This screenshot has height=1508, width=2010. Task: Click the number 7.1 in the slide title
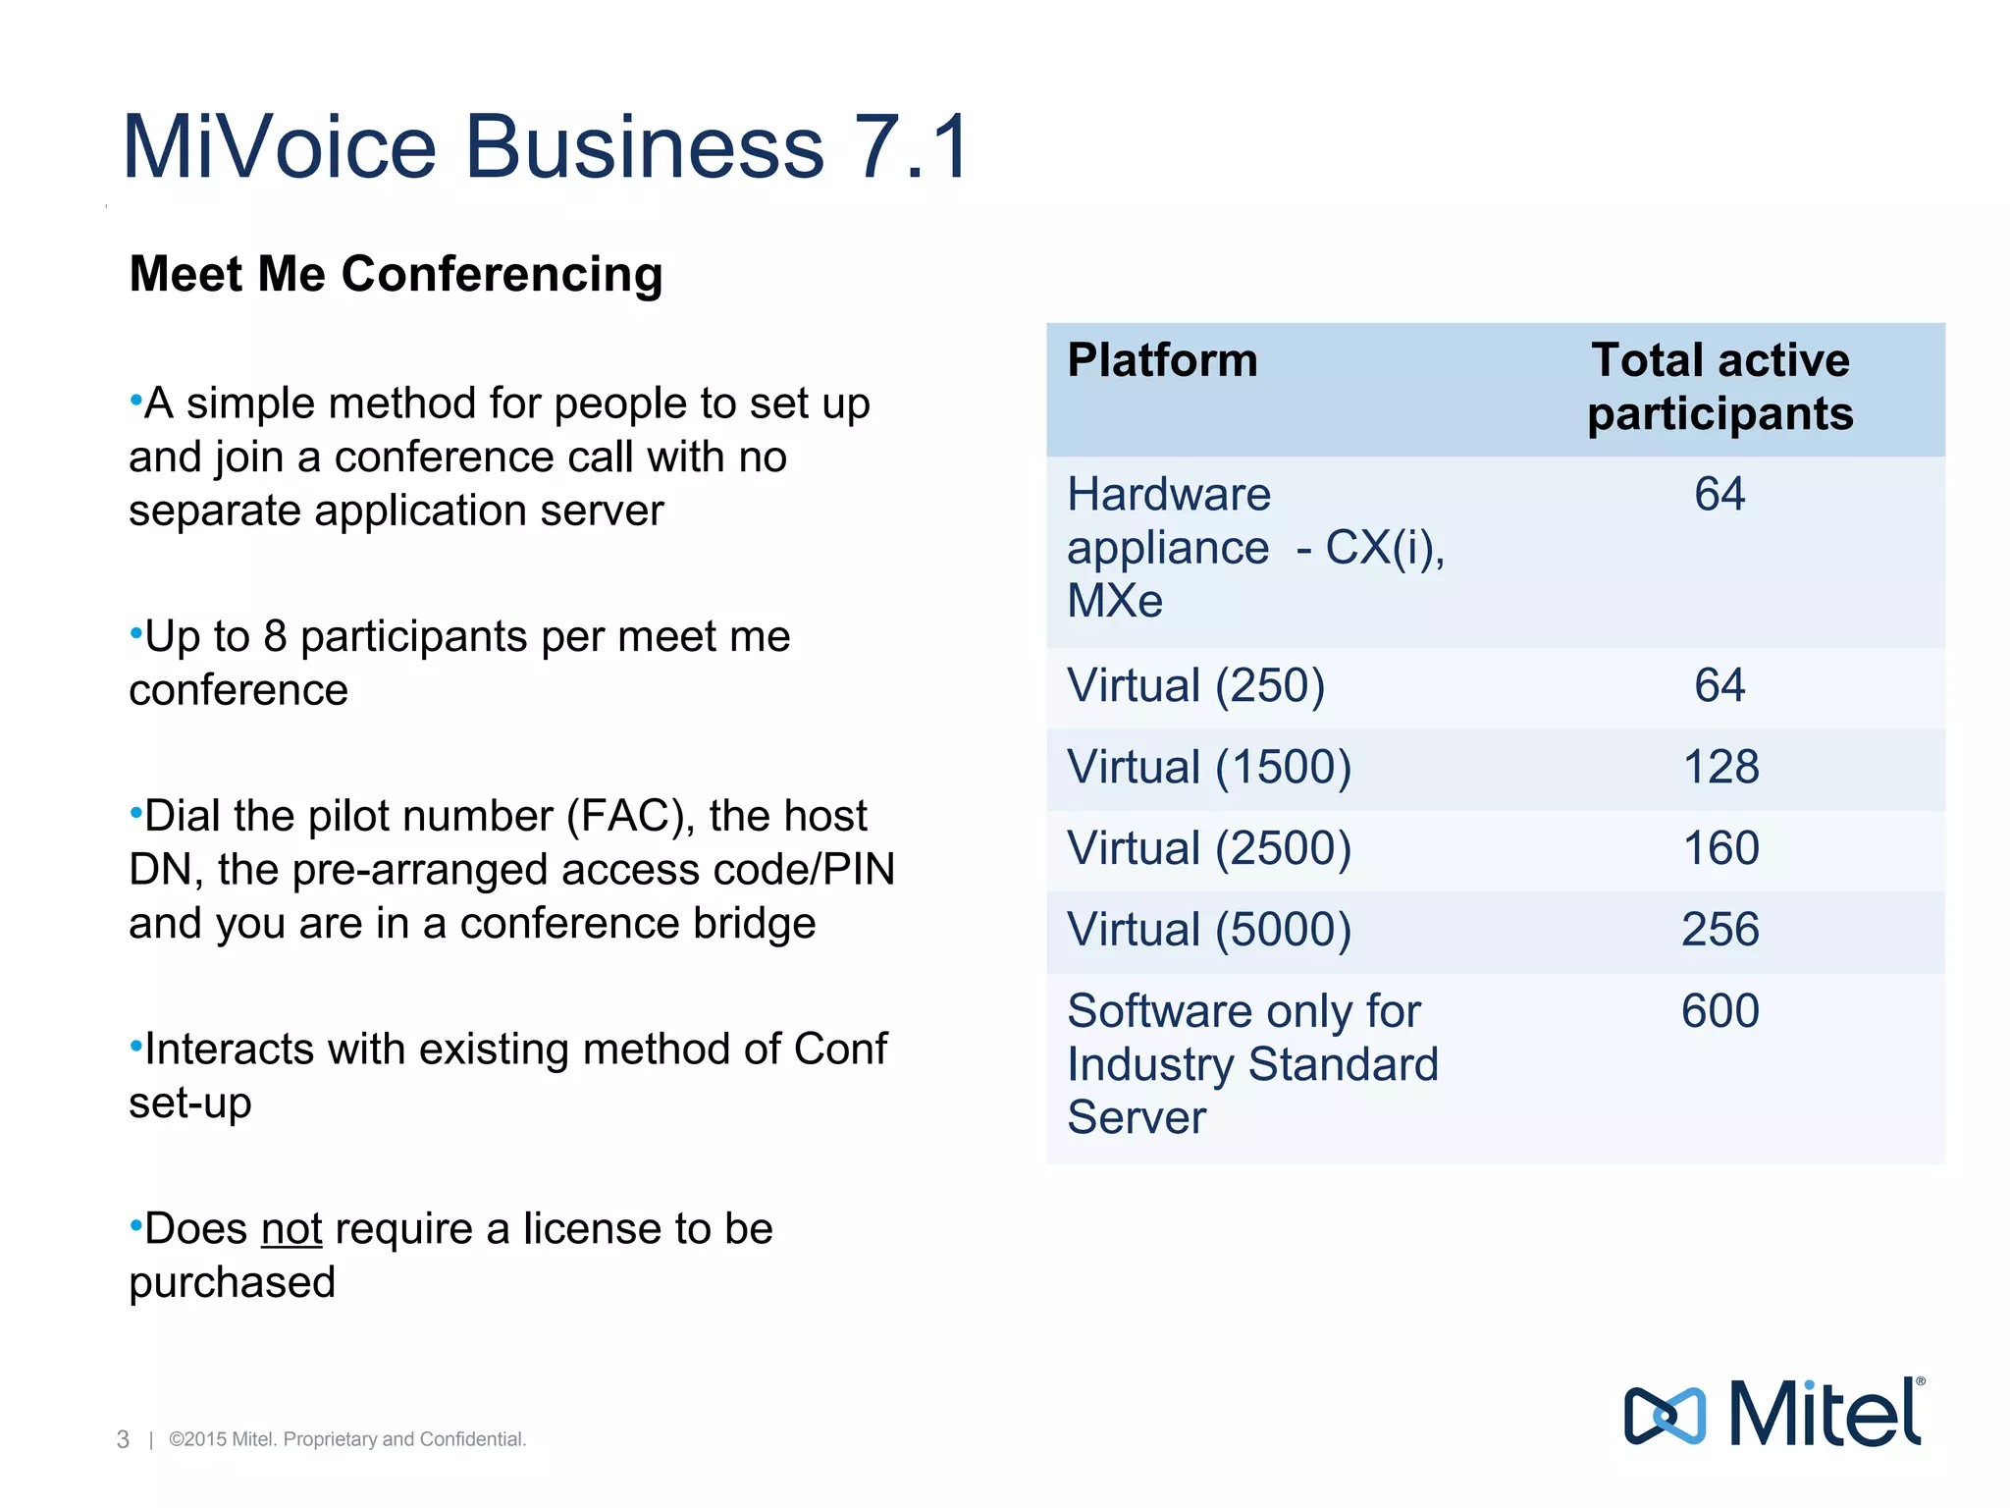[913, 147]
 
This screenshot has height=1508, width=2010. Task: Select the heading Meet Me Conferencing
[396, 274]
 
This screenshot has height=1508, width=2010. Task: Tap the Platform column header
[1162, 360]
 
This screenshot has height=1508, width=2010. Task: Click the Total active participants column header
[1719, 386]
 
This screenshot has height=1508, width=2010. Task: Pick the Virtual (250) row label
[1195, 685]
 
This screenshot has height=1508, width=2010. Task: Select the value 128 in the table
[1720, 767]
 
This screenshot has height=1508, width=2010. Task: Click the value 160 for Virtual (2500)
[1720, 848]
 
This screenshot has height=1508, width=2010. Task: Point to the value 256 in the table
[1720, 930]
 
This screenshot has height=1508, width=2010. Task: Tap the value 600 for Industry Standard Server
[1720, 1011]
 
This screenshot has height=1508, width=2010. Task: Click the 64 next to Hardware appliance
[1719, 494]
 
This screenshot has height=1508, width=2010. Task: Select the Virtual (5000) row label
[1209, 930]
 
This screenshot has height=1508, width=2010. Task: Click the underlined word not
[291, 1229]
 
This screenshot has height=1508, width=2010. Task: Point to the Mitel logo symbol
[1665, 1416]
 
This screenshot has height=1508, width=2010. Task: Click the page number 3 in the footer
[123, 1439]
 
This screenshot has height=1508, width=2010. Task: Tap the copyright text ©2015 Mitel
[222, 1439]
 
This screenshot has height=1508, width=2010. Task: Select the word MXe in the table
[1115, 601]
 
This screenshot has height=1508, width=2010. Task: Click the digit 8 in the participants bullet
[275, 637]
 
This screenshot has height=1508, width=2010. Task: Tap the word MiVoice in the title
[279, 147]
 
